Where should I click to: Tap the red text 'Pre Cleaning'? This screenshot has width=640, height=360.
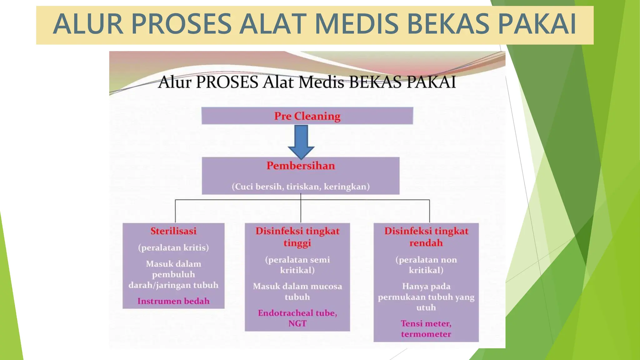307,116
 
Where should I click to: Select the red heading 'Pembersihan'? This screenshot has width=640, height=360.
301,166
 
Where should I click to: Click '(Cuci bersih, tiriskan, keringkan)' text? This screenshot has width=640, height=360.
301,187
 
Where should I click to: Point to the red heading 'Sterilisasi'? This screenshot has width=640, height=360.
173,231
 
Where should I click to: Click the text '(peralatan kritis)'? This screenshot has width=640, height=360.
173,248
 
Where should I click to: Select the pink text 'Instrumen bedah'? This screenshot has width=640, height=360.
173,301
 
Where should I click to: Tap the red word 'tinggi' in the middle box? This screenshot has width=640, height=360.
297,243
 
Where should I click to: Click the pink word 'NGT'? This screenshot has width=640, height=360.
297,324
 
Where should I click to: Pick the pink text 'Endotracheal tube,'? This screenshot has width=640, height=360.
297,313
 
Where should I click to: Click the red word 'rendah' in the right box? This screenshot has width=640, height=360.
426,243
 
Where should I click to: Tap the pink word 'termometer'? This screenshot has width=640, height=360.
426,334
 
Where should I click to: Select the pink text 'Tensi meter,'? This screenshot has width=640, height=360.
426,323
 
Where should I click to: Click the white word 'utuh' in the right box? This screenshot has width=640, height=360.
426,308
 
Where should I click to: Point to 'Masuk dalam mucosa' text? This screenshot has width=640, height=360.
297,287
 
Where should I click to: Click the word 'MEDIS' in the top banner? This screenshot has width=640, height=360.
356,24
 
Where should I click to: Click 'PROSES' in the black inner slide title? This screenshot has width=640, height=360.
227,82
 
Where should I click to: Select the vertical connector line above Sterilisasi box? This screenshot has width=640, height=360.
175,211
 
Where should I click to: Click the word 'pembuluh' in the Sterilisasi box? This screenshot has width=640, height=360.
173,275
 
